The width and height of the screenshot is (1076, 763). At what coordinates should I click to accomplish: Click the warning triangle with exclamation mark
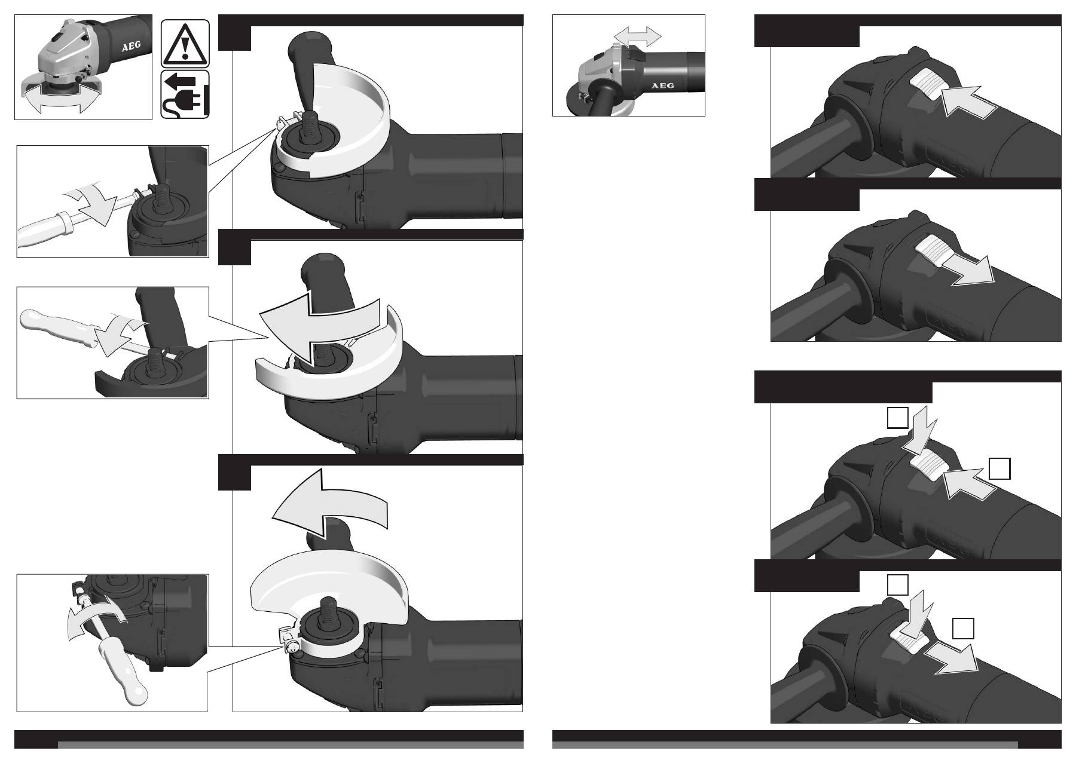(185, 43)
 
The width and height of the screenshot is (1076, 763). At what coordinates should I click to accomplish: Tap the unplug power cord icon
(185, 94)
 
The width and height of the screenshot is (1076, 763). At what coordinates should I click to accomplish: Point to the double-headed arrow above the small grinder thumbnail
(638, 36)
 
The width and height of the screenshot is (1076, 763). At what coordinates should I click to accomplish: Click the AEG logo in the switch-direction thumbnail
(662, 85)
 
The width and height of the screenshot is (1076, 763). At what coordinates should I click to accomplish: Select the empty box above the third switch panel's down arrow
(898, 418)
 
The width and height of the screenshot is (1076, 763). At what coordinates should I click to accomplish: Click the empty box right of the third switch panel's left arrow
(999, 468)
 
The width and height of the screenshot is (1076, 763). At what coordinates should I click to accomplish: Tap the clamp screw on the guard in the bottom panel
(291, 648)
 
